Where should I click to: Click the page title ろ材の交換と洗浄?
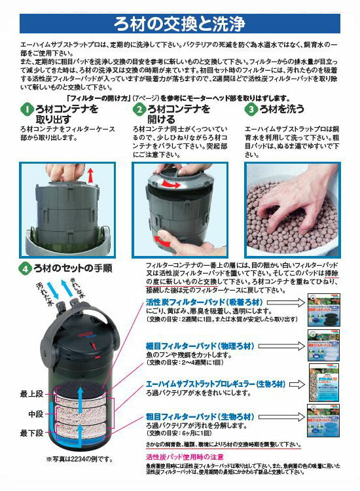coord(179,23)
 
